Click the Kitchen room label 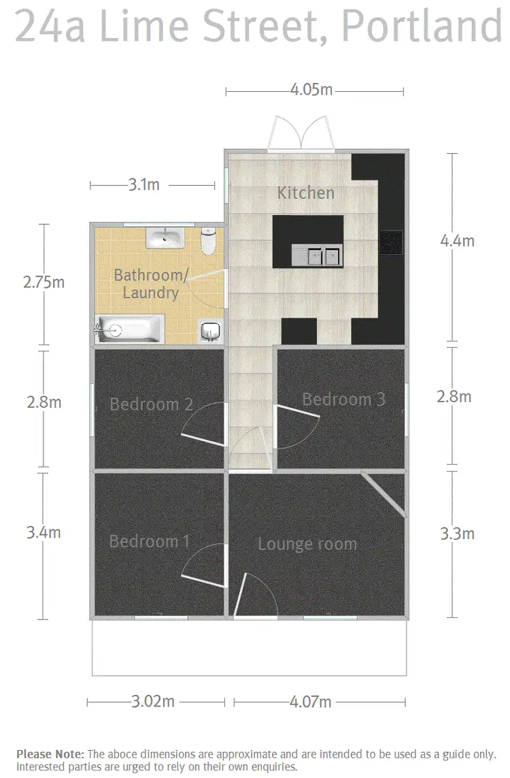tap(305, 193)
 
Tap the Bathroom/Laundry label tap(147, 285)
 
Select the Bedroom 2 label tap(151, 404)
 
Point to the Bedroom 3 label tap(343, 399)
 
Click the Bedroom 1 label tap(149, 541)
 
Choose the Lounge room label tap(307, 544)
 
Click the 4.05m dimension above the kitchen tap(311, 90)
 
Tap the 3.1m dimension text tap(143, 184)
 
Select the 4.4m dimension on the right tap(457, 240)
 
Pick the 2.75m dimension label tap(44, 282)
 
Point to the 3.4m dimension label tap(44, 532)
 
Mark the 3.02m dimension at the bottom tap(152, 702)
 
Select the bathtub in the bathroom tap(129, 330)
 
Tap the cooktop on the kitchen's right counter tap(392, 242)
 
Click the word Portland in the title tap(422, 27)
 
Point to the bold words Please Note tap(50, 753)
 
